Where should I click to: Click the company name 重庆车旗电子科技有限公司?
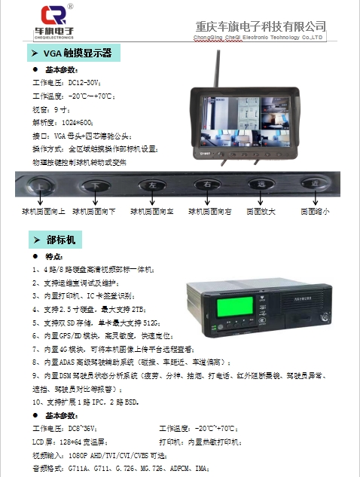pyautogui.click(x=259, y=26)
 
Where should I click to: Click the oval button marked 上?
pyautogui.click(x=38, y=185)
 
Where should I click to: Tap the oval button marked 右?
pyautogui.click(x=206, y=185)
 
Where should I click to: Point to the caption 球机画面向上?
pyautogui.click(x=44, y=212)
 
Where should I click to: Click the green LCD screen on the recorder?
pyautogui.click(x=226, y=309)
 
